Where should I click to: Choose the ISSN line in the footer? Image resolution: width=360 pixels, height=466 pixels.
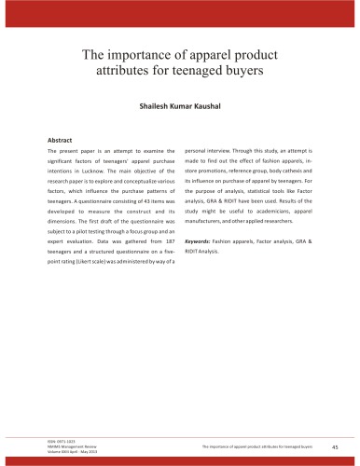pyautogui.click(x=59, y=442)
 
